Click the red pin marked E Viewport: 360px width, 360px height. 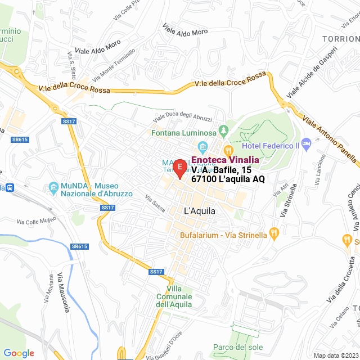tap(179, 168)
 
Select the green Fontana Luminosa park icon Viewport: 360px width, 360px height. tap(224, 131)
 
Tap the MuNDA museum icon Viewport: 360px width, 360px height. tap(53, 186)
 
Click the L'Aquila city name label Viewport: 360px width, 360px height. tap(200, 211)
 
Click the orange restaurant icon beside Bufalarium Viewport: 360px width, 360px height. tap(273, 232)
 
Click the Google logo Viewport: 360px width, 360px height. tap(19, 353)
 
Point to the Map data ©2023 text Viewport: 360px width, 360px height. tap(335, 355)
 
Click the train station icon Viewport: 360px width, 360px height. tap(8, 187)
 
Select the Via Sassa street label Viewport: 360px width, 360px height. tap(155, 204)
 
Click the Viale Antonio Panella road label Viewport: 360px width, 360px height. tap(330, 139)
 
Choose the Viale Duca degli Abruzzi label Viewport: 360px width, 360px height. tap(183, 119)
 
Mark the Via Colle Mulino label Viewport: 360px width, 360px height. tap(37, 222)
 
